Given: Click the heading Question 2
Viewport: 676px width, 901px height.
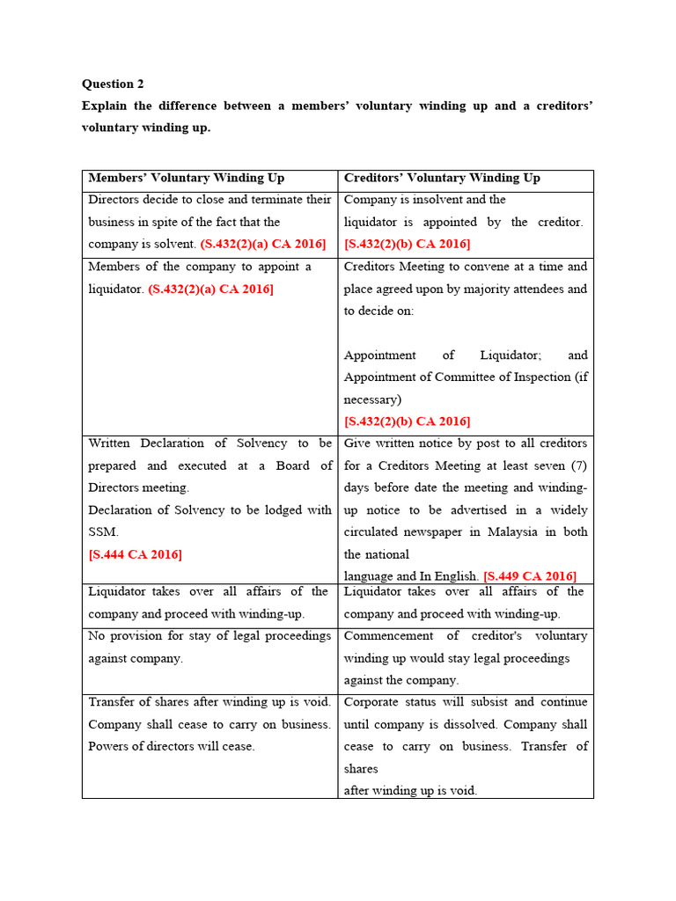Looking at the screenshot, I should pyautogui.click(x=113, y=84).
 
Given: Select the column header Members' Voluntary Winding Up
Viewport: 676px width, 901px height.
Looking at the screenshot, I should pyautogui.click(x=187, y=178).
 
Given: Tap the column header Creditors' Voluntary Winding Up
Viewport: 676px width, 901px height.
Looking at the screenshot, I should pyautogui.click(x=442, y=178).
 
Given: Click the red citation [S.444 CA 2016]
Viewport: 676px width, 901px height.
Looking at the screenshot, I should pyautogui.click(x=136, y=554).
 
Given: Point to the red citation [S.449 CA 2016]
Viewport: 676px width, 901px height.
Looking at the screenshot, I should pyautogui.click(x=530, y=576).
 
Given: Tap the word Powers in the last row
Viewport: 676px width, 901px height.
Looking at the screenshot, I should pyautogui.click(x=107, y=746).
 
